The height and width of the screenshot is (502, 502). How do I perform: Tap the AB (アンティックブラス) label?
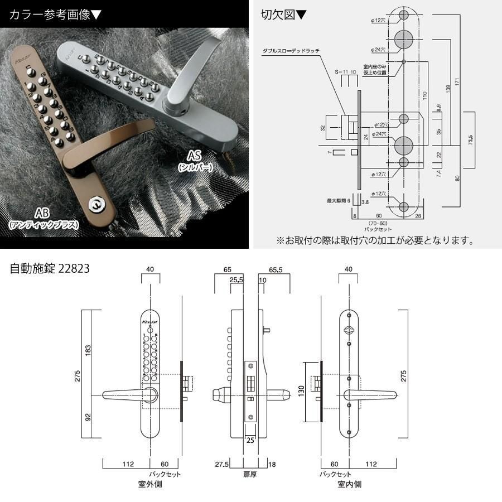[x=44, y=218]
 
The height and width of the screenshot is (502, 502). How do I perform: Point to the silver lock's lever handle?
[x=187, y=75]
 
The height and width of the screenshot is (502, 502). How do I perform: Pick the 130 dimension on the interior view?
[x=302, y=392]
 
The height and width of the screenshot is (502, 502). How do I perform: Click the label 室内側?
[x=349, y=484]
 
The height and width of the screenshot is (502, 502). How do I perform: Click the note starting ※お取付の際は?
[x=375, y=241]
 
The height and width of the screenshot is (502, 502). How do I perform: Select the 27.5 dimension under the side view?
[x=222, y=464]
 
